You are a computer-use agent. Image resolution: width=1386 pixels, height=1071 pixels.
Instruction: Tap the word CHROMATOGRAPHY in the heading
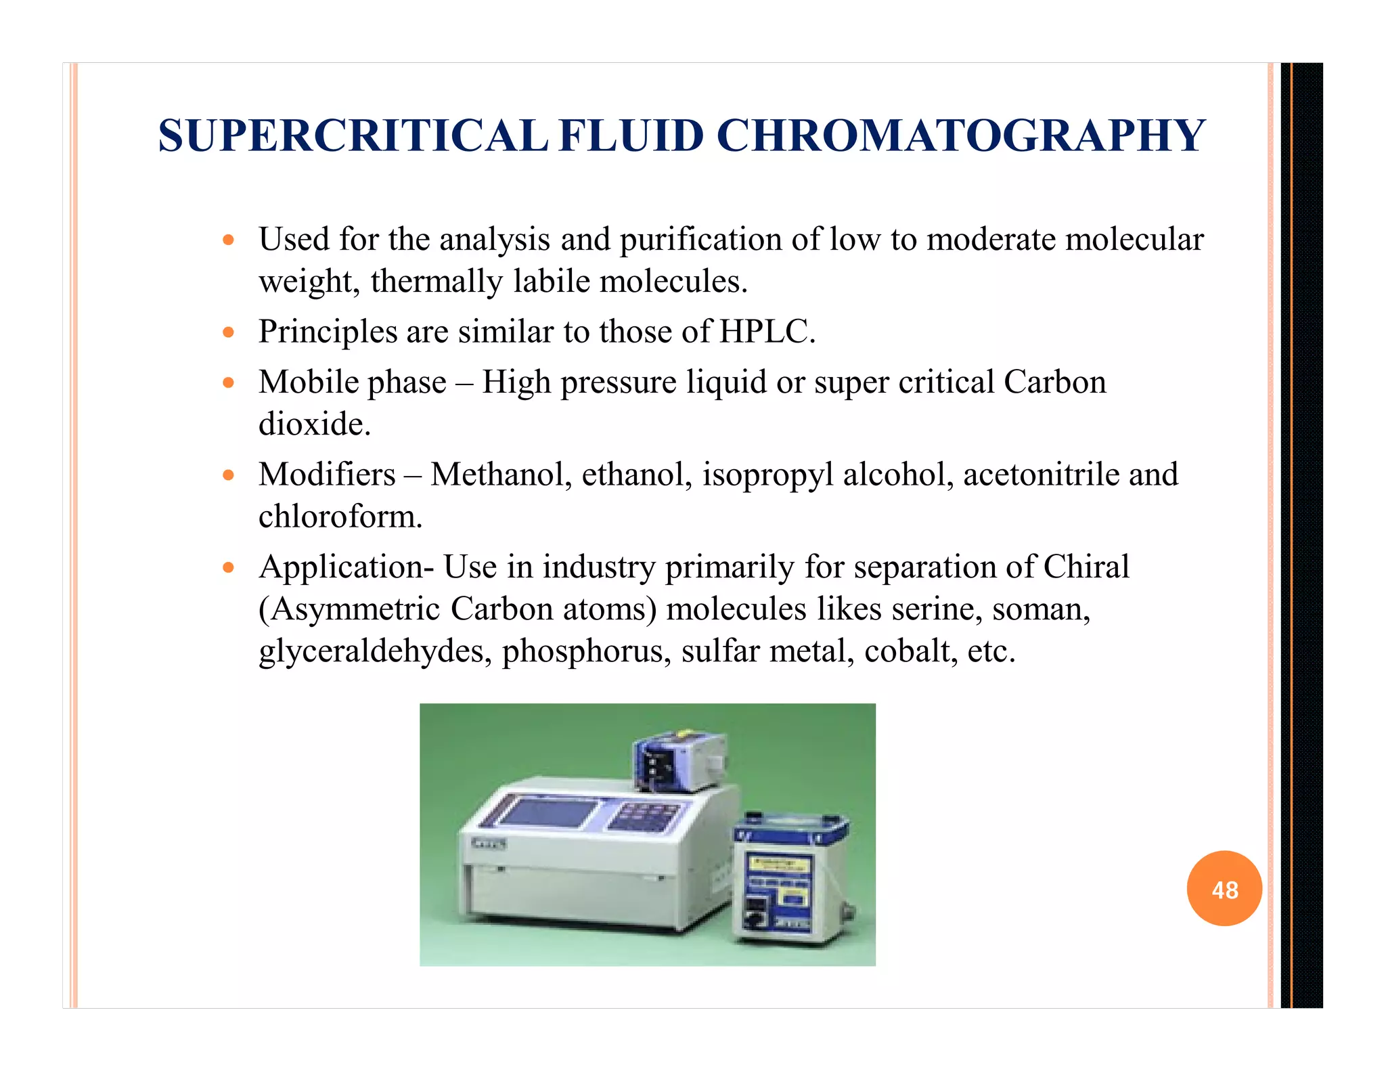pos(960,136)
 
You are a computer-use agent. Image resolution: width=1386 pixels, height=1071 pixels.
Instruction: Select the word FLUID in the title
pos(632,136)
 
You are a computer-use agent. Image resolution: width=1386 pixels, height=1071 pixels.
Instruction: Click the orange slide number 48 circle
pos(1224,888)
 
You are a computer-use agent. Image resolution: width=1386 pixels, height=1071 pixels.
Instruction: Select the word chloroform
pos(340,517)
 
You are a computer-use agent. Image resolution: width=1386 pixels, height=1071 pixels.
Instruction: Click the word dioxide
pos(315,424)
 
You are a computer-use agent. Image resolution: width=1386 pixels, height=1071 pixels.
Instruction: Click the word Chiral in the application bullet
pos(1086,567)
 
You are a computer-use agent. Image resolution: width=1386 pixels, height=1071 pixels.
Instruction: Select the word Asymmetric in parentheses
pos(350,609)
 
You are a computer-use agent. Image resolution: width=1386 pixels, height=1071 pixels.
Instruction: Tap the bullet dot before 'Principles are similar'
pos(229,332)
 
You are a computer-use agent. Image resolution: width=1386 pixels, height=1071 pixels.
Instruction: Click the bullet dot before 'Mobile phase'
pos(229,383)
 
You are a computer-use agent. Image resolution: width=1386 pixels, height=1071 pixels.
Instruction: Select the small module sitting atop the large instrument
pos(679,761)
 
